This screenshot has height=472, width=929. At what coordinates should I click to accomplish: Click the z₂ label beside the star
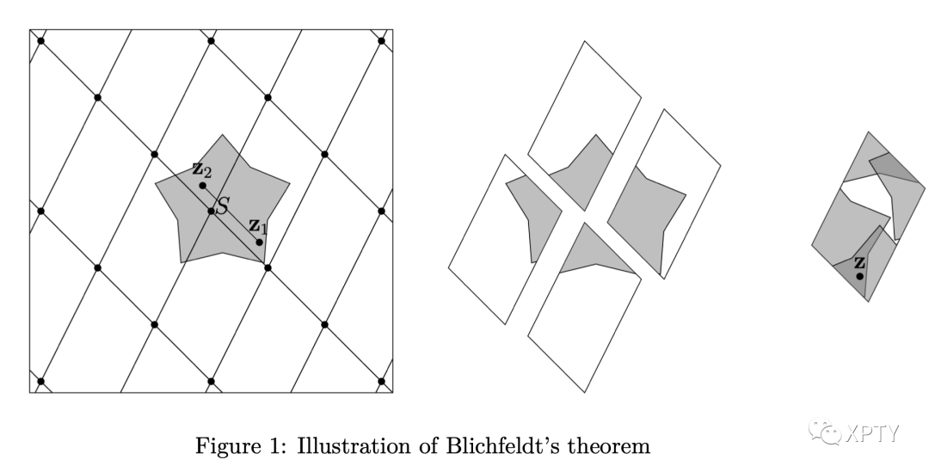click(201, 169)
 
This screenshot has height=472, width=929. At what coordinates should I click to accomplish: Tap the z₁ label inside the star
click(257, 227)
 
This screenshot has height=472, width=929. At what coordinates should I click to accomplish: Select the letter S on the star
click(222, 206)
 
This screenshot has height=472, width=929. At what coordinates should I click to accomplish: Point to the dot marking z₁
click(260, 242)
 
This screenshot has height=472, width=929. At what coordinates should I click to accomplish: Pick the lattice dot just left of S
click(211, 211)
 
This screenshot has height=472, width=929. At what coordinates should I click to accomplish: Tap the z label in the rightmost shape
click(859, 262)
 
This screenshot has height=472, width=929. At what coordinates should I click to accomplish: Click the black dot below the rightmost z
click(860, 276)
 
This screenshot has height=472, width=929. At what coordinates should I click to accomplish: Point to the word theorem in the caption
click(602, 446)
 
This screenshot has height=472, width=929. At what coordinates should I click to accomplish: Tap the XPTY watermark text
click(871, 432)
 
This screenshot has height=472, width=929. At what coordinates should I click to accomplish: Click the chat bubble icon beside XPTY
click(830, 432)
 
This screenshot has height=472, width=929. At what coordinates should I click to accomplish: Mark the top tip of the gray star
click(224, 134)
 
